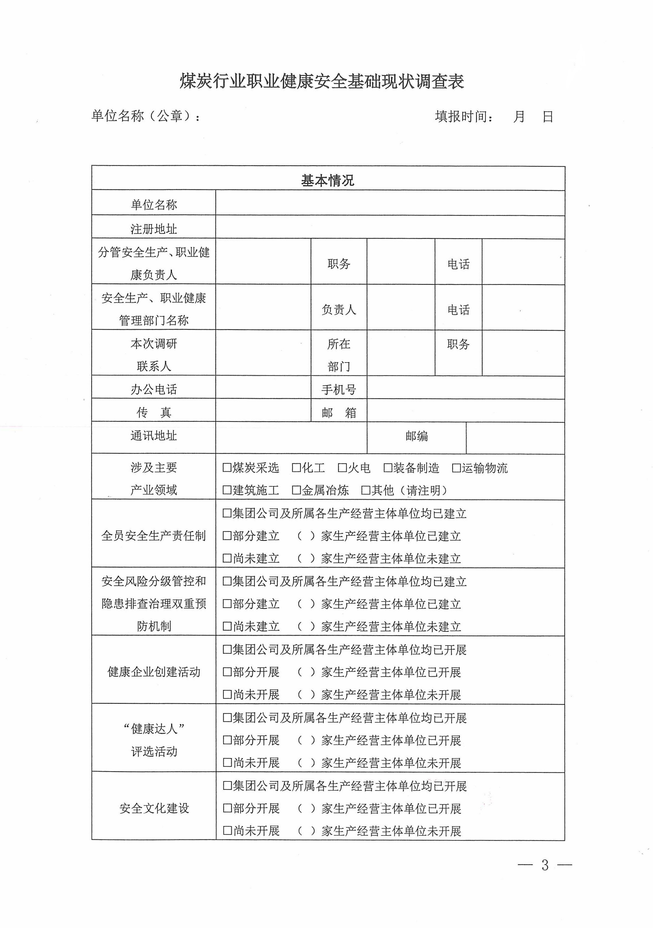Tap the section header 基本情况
(x=327, y=180)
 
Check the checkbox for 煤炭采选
(x=227, y=468)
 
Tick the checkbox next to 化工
(x=297, y=468)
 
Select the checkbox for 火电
(x=342, y=468)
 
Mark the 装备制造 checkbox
(x=388, y=468)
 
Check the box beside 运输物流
(x=457, y=468)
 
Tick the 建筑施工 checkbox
(x=227, y=490)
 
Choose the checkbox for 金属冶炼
(x=297, y=490)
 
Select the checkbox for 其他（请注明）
(x=366, y=490)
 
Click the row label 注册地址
(x=154, y=229)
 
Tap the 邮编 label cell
(x=416, y=436)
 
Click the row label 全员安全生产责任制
(x=154, y=536)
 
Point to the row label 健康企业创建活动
(x=154, y=672)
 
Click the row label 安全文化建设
(x=154, y=808)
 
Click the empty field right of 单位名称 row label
(x=390, y=203)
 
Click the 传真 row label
(x=154, y=412)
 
